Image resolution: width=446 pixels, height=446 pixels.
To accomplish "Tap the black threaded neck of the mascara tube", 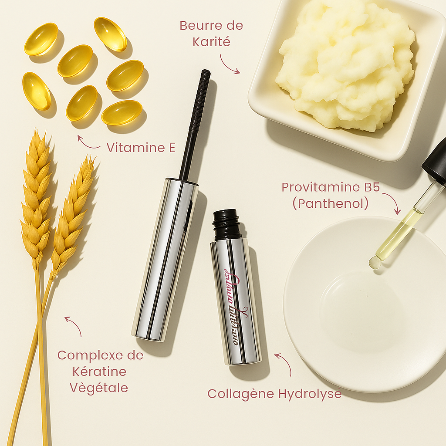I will click(226, 224).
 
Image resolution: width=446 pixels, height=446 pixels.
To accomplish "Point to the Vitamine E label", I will click(141, 148).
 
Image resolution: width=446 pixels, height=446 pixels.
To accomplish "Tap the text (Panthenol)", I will click(331, 203).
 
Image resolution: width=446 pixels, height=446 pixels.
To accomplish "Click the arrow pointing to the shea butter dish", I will click(229, 64).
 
